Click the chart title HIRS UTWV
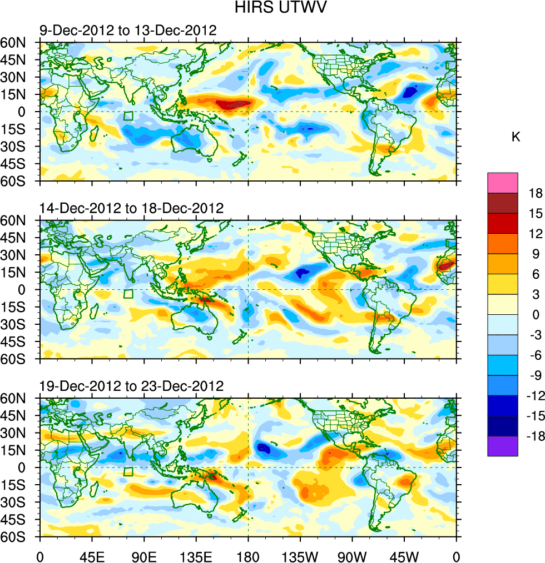pos(272,8)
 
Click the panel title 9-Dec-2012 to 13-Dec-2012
pos(127,30)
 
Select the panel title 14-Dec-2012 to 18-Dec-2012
pos(131,208)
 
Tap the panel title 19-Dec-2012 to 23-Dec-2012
pos(131,386)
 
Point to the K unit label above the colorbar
pos(516,137)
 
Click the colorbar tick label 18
pos(536,193)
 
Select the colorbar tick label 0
pos(536,315)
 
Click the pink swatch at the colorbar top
pos(502,183)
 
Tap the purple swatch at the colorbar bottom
pos(502,446)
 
